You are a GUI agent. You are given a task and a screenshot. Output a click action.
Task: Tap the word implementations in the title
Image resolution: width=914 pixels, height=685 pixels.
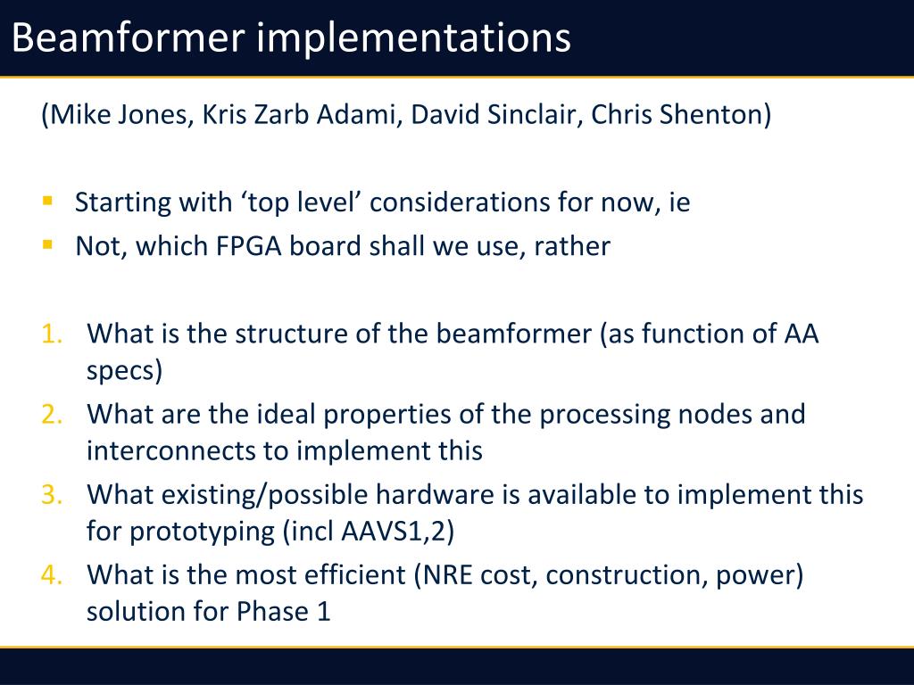pos(413,38)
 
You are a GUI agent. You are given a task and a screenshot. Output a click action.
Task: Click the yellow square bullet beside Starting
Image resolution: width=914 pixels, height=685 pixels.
pos(48,201)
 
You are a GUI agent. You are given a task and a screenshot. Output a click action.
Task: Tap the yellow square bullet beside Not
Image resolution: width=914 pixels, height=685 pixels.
pos(48,244)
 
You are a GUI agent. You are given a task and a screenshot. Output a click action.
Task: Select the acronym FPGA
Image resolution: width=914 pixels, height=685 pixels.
pos(249,246)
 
